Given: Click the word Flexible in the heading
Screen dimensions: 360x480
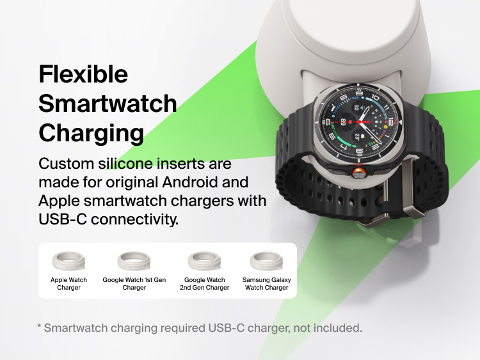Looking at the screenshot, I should [83, 74].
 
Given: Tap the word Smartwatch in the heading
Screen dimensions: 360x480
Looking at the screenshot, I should [108, 104].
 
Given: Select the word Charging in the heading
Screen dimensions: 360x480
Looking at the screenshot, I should [91, 133].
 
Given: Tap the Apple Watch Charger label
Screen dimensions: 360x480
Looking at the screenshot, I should [68, 284].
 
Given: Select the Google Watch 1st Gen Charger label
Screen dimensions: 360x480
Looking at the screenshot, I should [134, 284].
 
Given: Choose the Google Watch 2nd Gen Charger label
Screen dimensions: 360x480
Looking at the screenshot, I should [204, 284].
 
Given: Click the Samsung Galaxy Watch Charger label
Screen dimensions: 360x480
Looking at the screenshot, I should [266, 284].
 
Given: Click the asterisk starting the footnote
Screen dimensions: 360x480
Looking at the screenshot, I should [40, 327].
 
